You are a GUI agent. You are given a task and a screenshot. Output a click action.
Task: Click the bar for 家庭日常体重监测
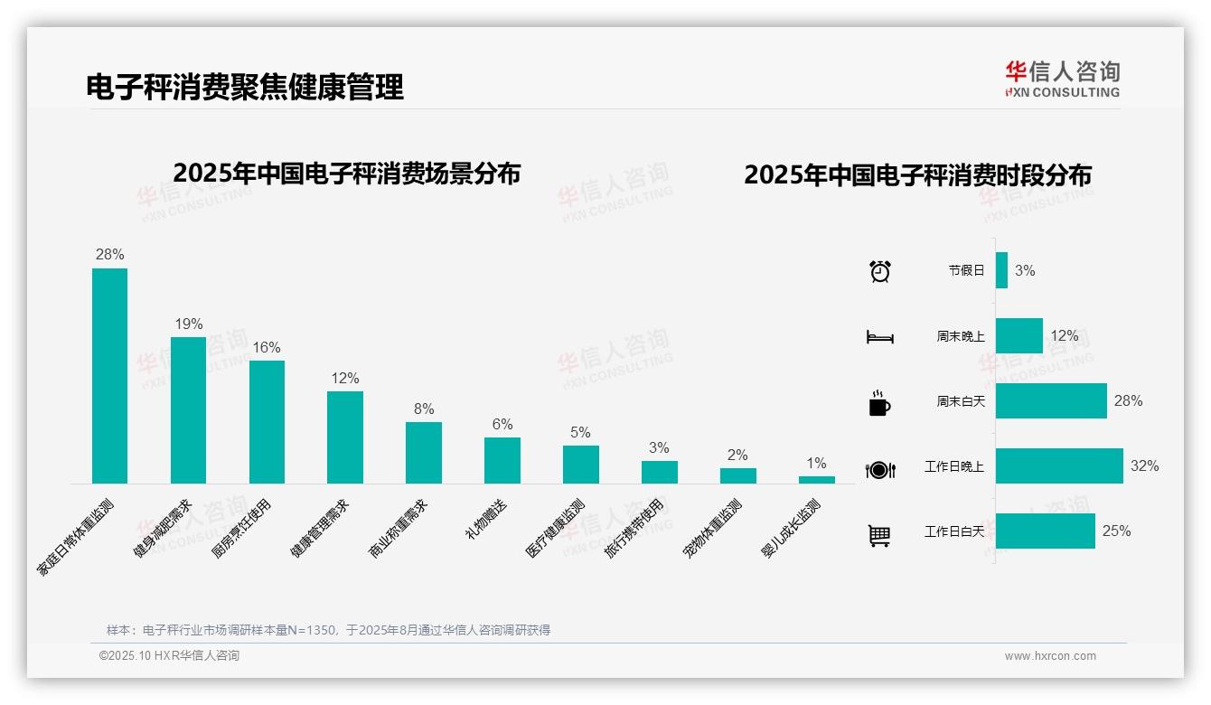pyautogui.click(x=109, y=375)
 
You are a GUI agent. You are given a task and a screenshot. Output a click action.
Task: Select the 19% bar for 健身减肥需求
pyautogui.click(x=188, y=409)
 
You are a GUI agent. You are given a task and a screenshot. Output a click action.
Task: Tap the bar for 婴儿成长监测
pyautogui.click(x=816, y=479)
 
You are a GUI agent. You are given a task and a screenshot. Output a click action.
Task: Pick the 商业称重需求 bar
pyautogui.click(x=423, y=452)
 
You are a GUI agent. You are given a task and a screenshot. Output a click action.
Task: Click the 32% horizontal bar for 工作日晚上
pyautogui.click(x=1059, y=465)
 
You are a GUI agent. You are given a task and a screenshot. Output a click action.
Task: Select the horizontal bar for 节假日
pyautogui.click(x=1001, y=270)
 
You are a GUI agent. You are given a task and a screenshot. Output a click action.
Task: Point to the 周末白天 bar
pyautogui.click(x=1051, y=400)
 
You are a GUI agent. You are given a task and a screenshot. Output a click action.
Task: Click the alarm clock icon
pyautogui.click(x=879, y=270)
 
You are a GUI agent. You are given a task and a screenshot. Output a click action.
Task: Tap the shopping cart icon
pyautogui.click(x=879, y=536)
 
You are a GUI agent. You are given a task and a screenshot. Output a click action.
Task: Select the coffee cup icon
pyautogui.click(x=879, y=403)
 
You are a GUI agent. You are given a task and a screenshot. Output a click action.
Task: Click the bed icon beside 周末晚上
pyautogui.click(x=879, y=337)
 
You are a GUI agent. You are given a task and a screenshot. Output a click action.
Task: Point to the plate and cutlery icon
pyautogui.click(x=879, y=469)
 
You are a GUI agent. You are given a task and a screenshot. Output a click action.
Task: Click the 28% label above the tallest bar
pyautogui.click(x=109, y=255)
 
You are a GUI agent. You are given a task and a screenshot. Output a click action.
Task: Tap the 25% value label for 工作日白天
pyautogui.click(x=1116, y=531)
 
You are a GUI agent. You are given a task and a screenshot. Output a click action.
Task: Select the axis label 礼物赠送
pyautogui.click(x=485, y=520)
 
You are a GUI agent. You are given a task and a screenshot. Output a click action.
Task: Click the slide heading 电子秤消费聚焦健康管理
pyautogui.click(x=244, y=87)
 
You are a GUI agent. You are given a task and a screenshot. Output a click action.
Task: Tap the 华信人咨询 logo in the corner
pyautogui.click(x=1062, y=79)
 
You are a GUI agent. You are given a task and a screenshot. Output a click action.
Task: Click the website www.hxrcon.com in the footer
pyautogui.click(x=1050, y=656)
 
